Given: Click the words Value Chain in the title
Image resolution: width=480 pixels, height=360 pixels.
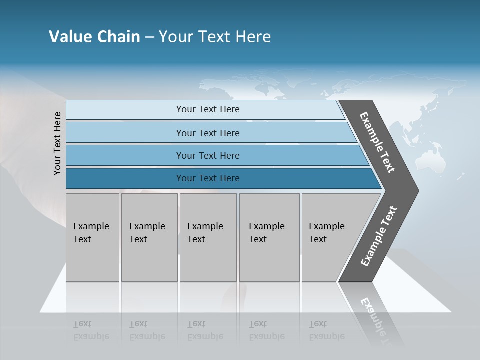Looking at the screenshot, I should click(x=94, y=37).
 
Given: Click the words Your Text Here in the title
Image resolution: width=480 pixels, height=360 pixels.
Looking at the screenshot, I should click(x=215, y=37).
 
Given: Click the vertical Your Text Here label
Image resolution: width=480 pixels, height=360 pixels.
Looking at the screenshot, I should click(x=57, y=144).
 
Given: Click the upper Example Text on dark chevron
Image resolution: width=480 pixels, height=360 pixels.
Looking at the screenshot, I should click(x=377, y=142).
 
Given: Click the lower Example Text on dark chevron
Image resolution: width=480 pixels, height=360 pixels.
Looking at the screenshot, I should click(x=379, y=236).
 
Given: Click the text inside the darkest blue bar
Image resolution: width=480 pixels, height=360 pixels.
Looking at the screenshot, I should click(x=208, y=178).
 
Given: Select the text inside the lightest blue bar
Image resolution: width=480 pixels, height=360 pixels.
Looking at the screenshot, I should click(x=208, y=109).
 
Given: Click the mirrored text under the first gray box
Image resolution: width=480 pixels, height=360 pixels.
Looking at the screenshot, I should click(x=91, y=330).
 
